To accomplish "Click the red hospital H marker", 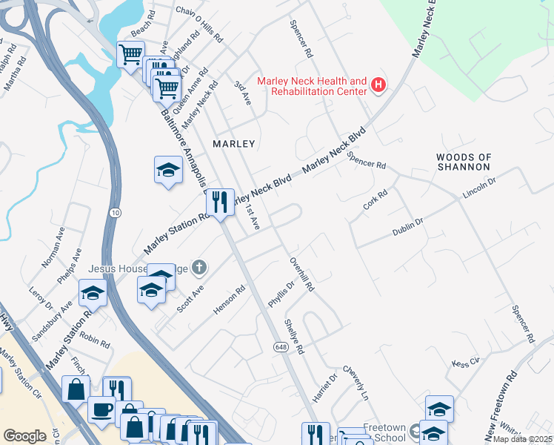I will tap(378, 85).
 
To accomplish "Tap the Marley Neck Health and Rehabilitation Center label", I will tap(312, 86).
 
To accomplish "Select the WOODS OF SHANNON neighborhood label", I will tap(464, 162).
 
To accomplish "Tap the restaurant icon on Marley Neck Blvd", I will tap(219, 202).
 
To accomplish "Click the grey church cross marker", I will tap(198, 266).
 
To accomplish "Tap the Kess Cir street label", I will tap(465, 363).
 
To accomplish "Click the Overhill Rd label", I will tap(303, 274).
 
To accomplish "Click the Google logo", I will tap(24, 436).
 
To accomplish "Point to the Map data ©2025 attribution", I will tap(523, 439).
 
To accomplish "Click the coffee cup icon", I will tap(101, 408).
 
